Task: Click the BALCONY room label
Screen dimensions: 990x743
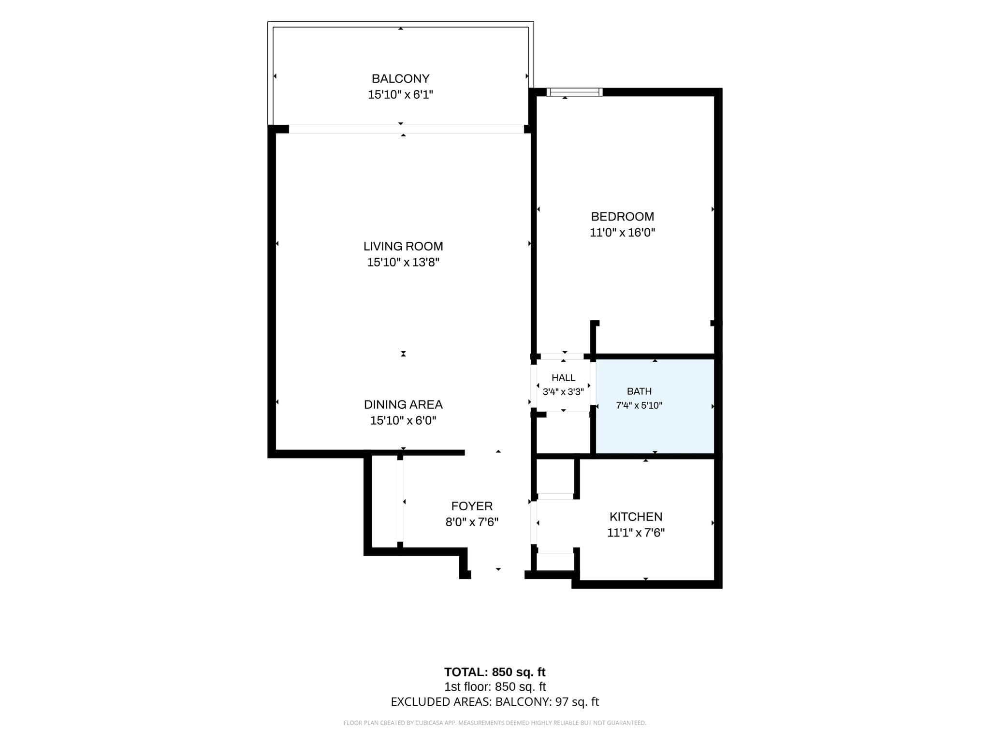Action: coord(400,78)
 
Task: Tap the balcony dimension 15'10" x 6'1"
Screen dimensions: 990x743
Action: coord(400,94)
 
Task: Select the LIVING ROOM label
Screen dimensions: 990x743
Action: coord(403,246)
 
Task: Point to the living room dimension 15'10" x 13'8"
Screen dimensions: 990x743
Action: coord(403,262)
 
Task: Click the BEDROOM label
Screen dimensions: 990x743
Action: coord(622,216)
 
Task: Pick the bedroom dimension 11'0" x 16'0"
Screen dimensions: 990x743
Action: coord(622,233)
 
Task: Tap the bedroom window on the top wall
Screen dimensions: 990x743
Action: coord(574,92)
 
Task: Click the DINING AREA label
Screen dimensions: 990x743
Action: coord(403,404)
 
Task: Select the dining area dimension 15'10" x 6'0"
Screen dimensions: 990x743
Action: coord(403,420)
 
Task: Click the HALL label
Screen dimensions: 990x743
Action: coord(563,378)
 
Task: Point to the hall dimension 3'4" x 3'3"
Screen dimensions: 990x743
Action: coord(563,392)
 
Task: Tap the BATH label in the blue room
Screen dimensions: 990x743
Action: coord(639,391)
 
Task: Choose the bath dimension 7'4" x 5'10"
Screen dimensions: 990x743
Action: coord(639,405)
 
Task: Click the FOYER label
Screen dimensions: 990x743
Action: coord(472,506)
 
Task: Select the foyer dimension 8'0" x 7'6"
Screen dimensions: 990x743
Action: coord(472,522)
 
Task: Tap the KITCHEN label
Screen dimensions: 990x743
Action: coord(636,517)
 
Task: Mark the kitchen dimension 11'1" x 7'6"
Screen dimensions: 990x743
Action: coord(636,533)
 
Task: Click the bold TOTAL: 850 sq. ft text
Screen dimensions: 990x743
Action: coord(495,672)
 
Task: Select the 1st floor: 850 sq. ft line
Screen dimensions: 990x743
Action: coord(495,687)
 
